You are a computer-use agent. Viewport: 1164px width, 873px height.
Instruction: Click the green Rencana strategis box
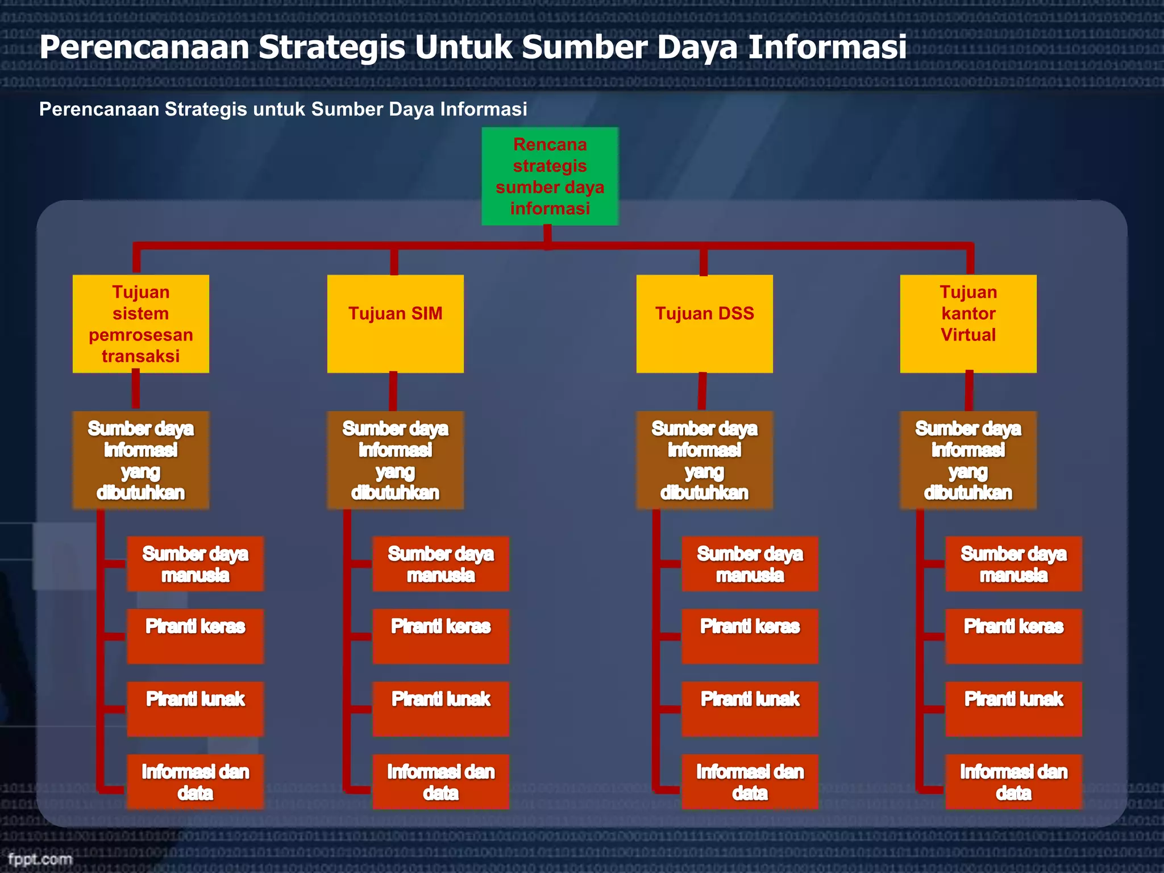[x=550, y=176]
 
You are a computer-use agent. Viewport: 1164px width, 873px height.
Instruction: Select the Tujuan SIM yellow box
[x=395, y=323]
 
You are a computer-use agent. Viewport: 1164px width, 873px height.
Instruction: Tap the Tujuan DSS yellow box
[x=704, y=323]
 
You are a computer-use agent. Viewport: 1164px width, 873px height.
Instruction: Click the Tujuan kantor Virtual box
[x=968, y=323]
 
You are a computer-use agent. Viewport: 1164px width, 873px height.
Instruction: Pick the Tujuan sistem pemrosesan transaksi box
[x=140, y=323]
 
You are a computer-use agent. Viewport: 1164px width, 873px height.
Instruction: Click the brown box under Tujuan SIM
[x=395, y=460]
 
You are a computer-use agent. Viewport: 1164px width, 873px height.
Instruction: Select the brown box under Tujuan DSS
[x=704, y=460]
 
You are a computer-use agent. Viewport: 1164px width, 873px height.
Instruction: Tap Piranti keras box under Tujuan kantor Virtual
[x=1013, y=636]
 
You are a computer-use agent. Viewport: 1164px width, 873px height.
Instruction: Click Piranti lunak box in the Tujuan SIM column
[x=440, y=709]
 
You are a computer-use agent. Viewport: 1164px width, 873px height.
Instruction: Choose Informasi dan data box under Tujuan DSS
[x=750, y=781]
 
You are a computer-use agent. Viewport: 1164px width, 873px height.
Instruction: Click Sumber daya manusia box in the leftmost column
[x=195, y=564]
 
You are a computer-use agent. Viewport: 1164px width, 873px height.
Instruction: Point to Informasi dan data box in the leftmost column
[x=195, y=781]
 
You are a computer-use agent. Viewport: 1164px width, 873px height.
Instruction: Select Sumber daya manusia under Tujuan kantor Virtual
[x=1013, y=564]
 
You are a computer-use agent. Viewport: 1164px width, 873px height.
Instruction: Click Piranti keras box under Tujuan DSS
[x=750, y=636]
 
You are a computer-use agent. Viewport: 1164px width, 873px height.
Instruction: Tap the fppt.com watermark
[x=40, y=859]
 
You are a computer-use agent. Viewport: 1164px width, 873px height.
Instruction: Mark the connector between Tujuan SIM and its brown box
[x=393, y=392]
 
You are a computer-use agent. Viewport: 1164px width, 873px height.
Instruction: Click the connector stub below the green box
[x=547, y=236]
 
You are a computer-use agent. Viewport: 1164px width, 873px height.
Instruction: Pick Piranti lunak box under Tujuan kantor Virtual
[x=1013, y=709]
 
